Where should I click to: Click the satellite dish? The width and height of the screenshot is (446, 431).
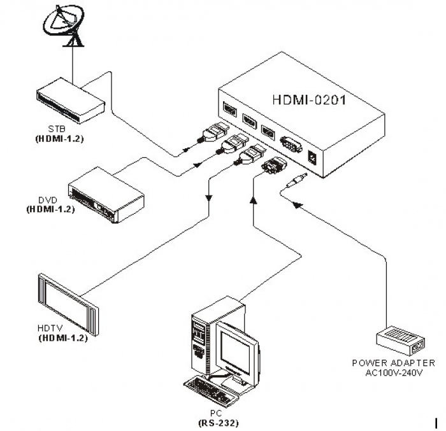[x=64, y=24]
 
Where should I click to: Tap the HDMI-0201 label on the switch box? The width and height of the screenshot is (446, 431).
[x=309, y=100]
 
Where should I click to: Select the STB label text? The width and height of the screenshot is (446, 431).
[x=57, y=129]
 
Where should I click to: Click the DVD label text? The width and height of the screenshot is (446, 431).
[x=48, y=200]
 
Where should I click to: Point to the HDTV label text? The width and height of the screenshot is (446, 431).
[x=50, y=328]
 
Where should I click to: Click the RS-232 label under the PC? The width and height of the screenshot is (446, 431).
[x=219, y=423]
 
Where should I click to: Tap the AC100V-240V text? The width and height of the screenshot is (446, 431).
[x=394, y=372]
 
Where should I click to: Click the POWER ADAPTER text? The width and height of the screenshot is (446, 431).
[x=394, y=363]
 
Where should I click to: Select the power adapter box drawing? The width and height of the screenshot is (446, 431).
[x=401, y=341]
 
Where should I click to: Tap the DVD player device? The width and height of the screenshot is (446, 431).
[x=106, y=195]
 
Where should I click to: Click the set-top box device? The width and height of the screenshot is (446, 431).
[x=71, y=101]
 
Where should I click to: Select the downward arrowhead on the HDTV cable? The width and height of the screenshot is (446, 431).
[x=209, y=198]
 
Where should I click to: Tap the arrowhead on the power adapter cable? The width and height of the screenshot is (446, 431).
[x=297, y=204]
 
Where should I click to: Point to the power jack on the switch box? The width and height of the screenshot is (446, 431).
[x=312, y=159]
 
